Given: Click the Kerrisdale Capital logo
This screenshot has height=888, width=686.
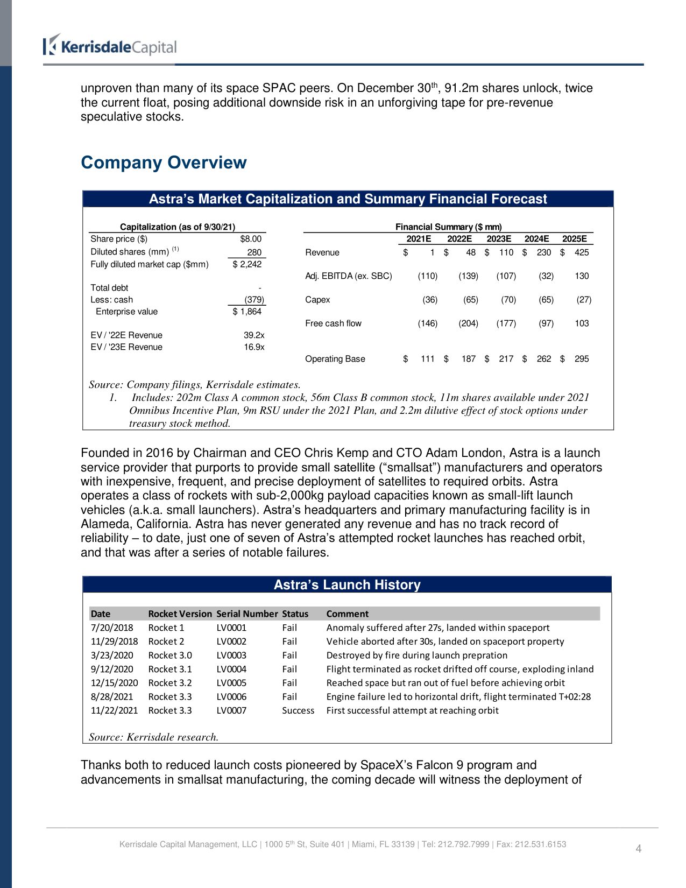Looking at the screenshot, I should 110,47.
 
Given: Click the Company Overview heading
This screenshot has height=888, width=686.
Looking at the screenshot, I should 164,163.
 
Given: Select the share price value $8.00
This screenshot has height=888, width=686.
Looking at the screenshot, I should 251,239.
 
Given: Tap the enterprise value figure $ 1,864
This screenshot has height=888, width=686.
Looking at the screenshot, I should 247,312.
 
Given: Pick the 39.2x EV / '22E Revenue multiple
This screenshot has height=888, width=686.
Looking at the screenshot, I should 254,335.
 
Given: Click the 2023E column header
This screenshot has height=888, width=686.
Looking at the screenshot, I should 499,239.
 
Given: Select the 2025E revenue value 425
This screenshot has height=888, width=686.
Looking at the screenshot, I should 582,252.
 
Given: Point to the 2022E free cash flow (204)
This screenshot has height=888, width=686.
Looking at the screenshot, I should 468,323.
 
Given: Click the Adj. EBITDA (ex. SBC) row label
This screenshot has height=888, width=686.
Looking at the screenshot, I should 348,276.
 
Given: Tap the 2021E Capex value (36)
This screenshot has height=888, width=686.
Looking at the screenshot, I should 430,300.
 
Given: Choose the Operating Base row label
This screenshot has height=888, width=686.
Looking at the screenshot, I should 335,359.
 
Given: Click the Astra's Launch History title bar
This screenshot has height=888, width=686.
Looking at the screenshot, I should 347,584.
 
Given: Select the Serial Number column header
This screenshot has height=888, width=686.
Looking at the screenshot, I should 247,614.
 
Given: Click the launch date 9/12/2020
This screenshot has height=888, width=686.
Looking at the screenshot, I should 112,669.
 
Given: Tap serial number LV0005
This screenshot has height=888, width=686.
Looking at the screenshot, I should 231,683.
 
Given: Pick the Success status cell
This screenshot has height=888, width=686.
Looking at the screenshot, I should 298,710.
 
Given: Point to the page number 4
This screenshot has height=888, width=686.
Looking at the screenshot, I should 639,849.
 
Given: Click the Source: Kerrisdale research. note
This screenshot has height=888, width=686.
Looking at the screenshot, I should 154,737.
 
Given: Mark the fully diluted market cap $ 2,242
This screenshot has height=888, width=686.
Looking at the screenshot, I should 247,264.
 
